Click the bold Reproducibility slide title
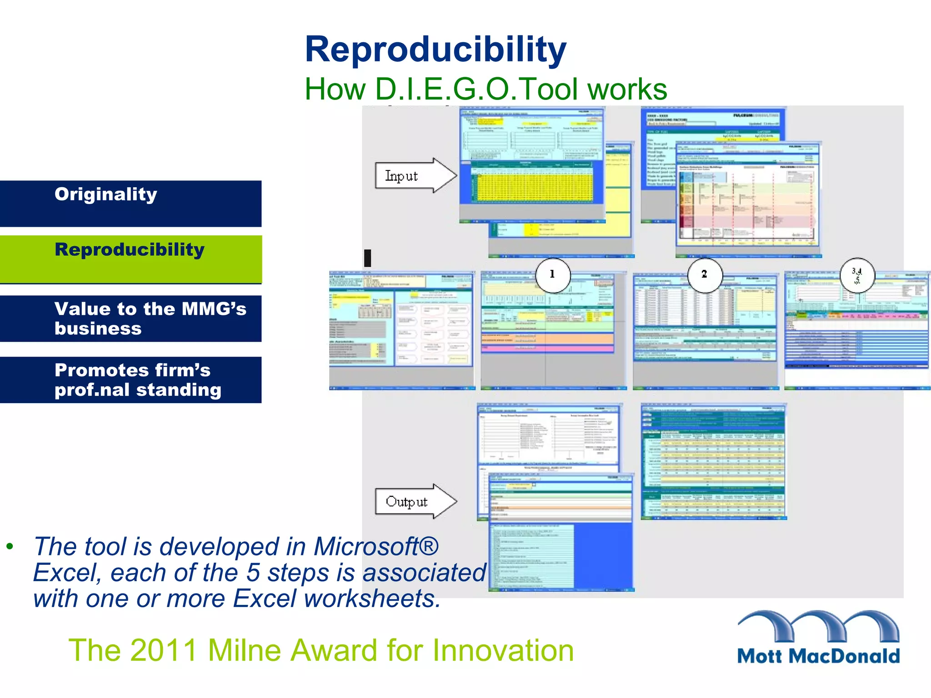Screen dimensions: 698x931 [x=435, y=50]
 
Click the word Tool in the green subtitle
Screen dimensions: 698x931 [x=551, y=89]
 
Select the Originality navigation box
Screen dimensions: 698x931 [x=130, y=203]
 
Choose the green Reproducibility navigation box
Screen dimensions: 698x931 [x=130, y=259]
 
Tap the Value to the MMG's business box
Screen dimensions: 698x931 [x=130, y=318]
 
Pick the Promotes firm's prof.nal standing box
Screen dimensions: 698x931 [x=130, y=379]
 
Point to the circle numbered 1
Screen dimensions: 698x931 [x=552, y=274]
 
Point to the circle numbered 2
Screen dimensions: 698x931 [x=704, y=274]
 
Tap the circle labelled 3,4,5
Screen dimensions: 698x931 [x=857, y=274]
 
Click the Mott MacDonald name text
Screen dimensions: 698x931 [x=818, y=656]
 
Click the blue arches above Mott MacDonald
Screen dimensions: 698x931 [x=818, y=625]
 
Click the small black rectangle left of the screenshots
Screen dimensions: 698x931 [x=368, y=258]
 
